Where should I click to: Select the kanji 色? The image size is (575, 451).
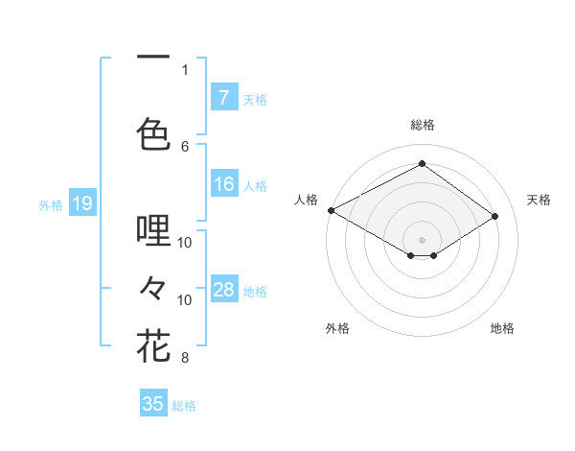(153, 133)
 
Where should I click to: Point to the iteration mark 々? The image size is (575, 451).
(153, 287)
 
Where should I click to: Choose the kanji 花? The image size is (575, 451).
(153, 345)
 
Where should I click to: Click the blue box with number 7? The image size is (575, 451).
(223, 97)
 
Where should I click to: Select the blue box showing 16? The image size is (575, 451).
(223, 184)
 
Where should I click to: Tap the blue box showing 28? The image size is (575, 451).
(223, 289)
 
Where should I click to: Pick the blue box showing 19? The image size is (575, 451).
(81, 202)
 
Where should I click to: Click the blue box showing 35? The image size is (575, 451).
(153, 404)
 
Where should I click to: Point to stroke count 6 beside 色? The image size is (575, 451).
(185, 146)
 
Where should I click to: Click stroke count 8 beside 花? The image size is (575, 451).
(185, 359)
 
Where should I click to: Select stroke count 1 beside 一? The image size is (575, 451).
(185, 69)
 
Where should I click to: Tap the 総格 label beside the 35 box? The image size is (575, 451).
(184, 406)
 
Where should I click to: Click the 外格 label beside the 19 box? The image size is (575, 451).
(51, 204)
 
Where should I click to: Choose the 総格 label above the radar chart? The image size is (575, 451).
(422, 125)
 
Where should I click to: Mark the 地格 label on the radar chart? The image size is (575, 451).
(502, 328)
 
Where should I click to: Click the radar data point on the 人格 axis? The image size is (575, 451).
(331, 209)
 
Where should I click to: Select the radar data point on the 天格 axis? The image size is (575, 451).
(495, 217)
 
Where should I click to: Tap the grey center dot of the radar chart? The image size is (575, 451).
(422, 238)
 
